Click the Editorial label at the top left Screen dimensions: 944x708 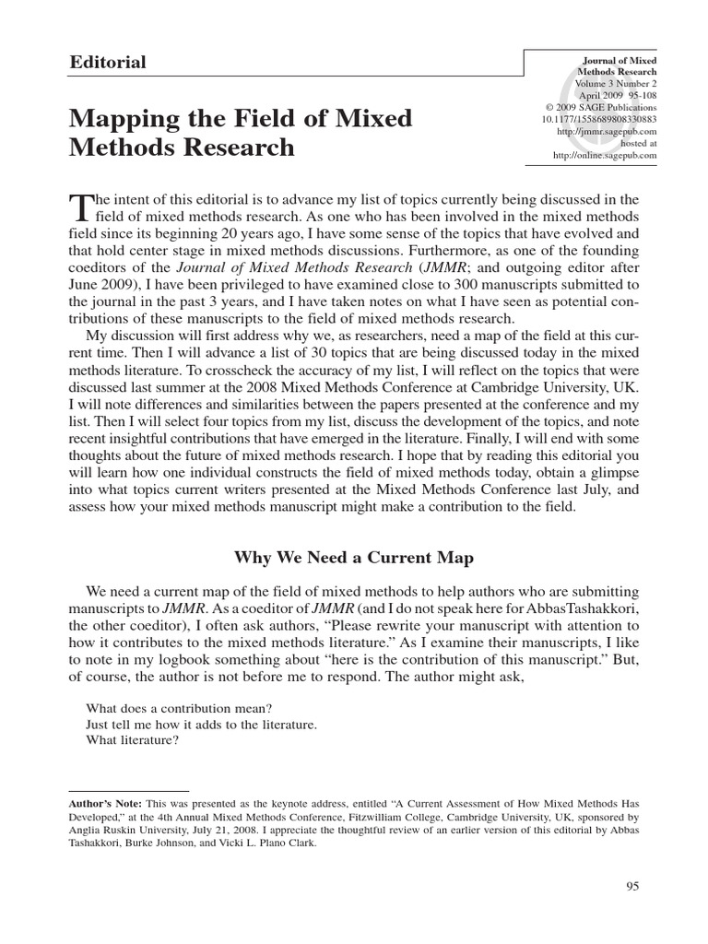[108, 63]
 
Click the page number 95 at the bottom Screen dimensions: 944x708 [631, 886]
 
